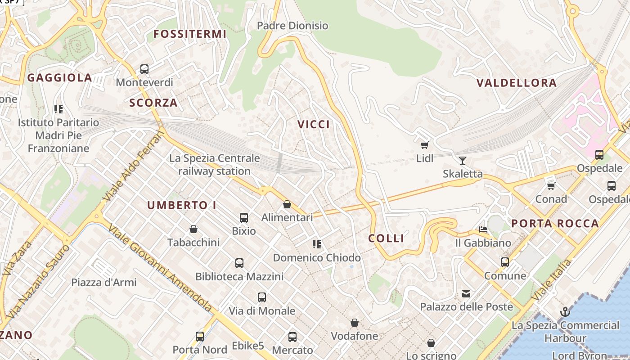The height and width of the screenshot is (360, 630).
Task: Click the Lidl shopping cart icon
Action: point(424,145)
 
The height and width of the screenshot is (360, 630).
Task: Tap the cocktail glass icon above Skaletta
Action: point(462,160)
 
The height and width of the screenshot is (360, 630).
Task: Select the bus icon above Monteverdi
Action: point(144,69)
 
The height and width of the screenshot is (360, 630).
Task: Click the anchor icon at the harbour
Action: point(564,311)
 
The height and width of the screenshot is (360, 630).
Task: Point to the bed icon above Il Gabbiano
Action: point(483,229)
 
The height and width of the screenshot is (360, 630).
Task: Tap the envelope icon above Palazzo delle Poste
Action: point(466,294)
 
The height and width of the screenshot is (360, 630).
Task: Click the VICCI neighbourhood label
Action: point(314,125)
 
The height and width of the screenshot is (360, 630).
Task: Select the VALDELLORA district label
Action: point(516,83)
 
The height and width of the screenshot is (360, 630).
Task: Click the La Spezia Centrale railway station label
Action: point(214,165)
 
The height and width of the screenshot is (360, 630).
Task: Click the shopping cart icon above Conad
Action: point(551,185)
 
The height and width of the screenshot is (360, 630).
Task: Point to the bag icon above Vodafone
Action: point(354,323)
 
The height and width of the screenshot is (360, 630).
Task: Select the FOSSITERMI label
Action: point(189,34)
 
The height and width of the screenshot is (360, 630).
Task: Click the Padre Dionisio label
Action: point(292,26)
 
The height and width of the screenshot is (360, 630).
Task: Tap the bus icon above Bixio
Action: point(243,218)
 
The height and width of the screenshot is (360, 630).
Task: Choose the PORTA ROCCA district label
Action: point(555,223)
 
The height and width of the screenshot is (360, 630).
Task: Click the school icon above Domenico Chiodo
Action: point(316,244)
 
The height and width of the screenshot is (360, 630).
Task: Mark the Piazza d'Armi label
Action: point(104,283)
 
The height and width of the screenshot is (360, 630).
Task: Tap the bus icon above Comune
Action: point(505,262)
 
